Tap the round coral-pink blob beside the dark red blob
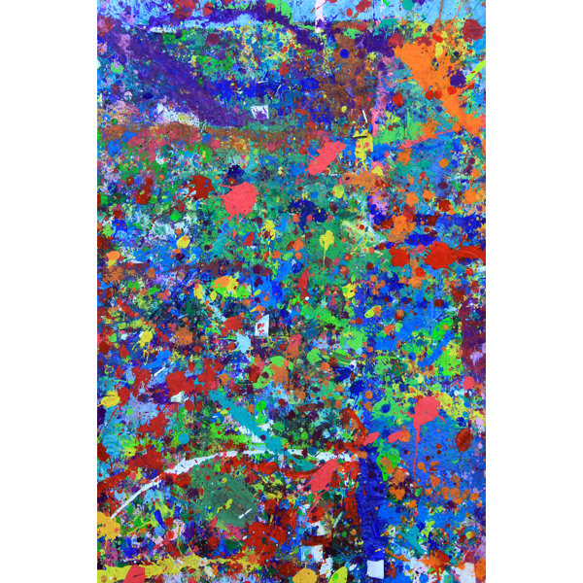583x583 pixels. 239,199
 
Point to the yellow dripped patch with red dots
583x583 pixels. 362,146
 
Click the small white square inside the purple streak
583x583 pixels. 259,112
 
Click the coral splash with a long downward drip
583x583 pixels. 425,413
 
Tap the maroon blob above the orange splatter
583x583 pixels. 472,29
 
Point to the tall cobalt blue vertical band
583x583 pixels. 374,505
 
